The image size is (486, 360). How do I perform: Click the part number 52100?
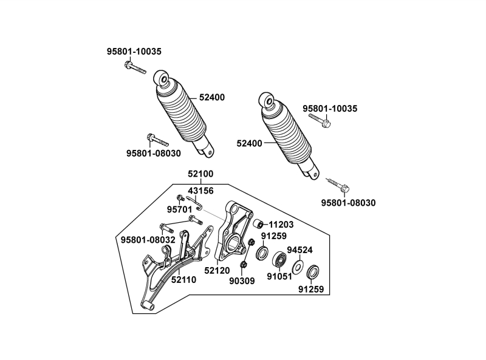coord(200,174)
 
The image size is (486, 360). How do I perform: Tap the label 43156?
coord(200,190)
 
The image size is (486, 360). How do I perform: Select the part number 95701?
coord(180,209)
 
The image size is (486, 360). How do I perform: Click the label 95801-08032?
coord(148,240)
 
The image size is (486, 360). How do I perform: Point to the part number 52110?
coord(184,280)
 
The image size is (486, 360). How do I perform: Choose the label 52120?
coord(217,270)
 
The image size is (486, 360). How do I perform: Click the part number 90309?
coord(242,281)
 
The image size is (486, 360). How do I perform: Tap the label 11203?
coord(281,224)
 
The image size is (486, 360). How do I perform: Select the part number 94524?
coord(299,250)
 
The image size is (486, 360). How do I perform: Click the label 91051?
coord(280,276)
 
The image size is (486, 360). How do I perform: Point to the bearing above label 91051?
coord(280,260)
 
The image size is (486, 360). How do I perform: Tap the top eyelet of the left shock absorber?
coord(162,77)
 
